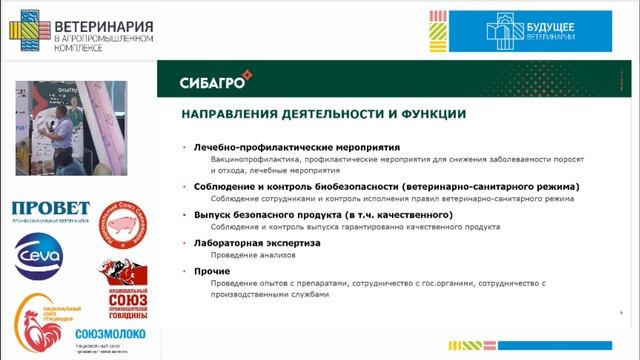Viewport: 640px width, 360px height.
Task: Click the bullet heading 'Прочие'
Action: coord(209,271)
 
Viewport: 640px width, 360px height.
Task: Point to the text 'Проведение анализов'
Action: coord(246,255)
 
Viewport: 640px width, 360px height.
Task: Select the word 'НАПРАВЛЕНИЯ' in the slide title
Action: coord(227,113)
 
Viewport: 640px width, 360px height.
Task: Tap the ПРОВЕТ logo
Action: coord(50,209)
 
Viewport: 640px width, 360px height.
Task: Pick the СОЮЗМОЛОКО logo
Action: coord(110,334)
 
